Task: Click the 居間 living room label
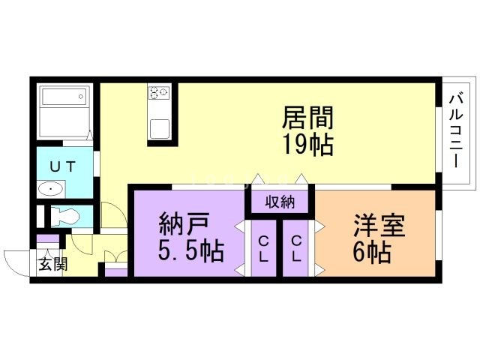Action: click(x=307, y=118)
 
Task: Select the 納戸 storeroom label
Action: click(x=184, y=225)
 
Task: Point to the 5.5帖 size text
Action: click(x=190, y=251)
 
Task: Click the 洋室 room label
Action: click(x=379, y=226)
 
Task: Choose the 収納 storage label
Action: click(x=279, y=201)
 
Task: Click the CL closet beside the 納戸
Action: click(x=265, y=247)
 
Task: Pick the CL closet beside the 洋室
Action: click(x=297, y=247)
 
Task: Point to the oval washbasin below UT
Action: click(x=52, y=188)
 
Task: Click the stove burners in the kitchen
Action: click(x=160, y=93)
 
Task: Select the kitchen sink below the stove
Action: click(x=161, y=127)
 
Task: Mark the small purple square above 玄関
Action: click(x=46, y=241)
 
